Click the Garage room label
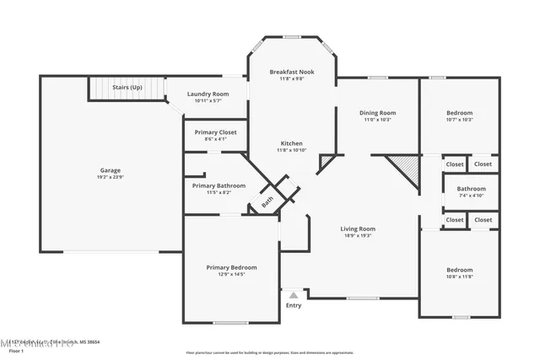[111, 169]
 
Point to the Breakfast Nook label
[292, 73]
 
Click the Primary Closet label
[215, 132]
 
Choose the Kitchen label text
[291, 143]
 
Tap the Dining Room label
[378, 112]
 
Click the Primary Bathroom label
[219, 185]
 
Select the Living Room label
[358, 228]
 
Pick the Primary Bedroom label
[231, 267]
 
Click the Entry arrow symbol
[294, 295]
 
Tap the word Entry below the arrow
[294, 305]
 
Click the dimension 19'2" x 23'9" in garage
[111, 177]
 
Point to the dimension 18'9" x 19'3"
[358, 236]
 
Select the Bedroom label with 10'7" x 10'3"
[459, 112]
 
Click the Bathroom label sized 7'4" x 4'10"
[471, 189]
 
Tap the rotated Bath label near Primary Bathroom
[267, 201]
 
